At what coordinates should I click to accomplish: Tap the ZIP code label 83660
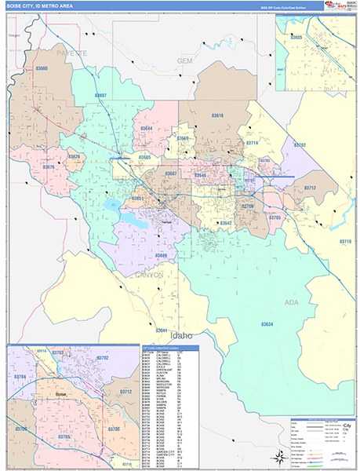click(41, 70)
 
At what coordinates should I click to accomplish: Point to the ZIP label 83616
click(217, 116)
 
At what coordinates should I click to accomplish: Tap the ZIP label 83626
click(75, 157)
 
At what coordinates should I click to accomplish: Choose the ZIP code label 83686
click(161, 256)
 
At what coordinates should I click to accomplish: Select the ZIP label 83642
click(226, 224)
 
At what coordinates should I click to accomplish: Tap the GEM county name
click(185, 60)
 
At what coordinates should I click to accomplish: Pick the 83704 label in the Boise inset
click(20, 377)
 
